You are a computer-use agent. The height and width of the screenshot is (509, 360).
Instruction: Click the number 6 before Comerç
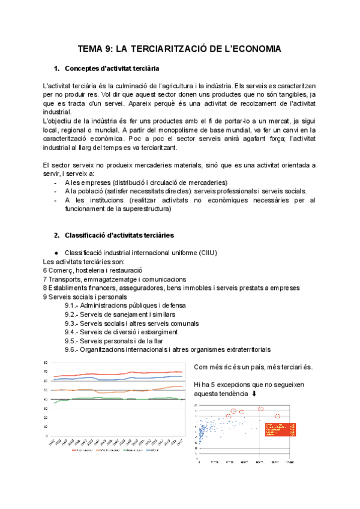click(x=46, y=271)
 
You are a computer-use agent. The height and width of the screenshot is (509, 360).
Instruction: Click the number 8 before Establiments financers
click(x=46, y=288)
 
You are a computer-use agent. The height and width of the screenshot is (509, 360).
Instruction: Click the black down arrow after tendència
click(x=254, y=393)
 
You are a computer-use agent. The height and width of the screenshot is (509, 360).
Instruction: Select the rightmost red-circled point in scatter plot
click(x=277, y=416)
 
